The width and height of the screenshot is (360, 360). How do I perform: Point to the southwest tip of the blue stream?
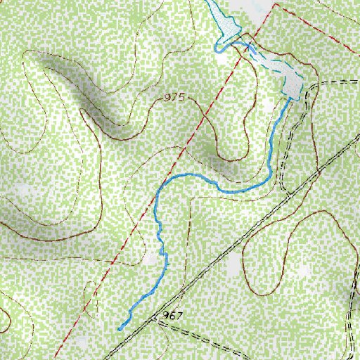(120, 328)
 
